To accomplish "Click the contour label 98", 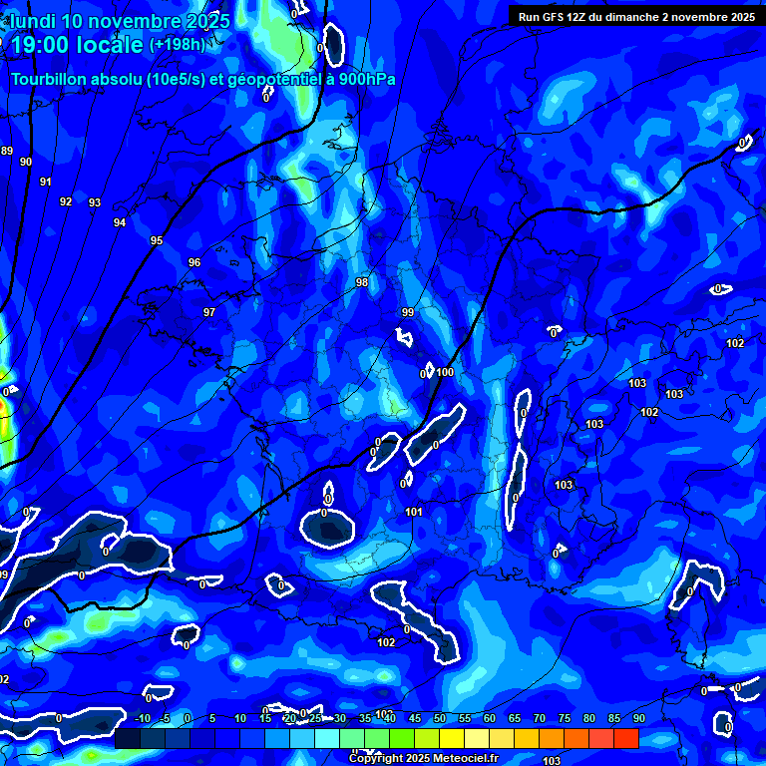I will (x=362, y=282).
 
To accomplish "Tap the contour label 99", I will (x=408, y=312).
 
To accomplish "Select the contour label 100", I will (x=445, y=372).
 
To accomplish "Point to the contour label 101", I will (x=415, y=512).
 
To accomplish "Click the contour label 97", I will (x=209, y=312).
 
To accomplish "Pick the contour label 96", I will (x=194, y=262).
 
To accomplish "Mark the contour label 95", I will (x=157, y=240).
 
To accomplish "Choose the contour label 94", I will (x=120, y=222).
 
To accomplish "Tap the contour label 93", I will (x=95, y=202).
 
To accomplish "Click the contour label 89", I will (x=7, y=151).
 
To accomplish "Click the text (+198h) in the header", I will (x=177, y=45).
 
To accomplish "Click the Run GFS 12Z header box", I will (x=635, y=16).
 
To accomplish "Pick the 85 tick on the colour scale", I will (x=614, y=718).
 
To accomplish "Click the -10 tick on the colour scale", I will (x=142, y=718).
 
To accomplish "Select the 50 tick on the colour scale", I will (x=440, y=718).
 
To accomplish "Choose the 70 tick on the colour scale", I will (x=540, y=718).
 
